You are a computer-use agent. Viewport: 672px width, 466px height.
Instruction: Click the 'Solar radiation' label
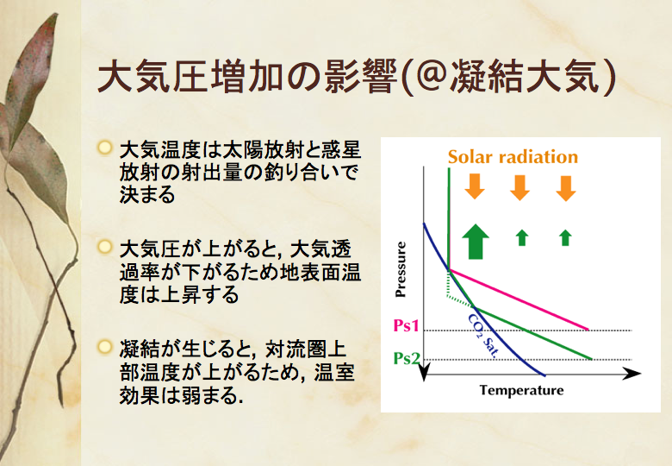[513, 157]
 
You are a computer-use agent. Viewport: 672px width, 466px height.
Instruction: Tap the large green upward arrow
[476, 241]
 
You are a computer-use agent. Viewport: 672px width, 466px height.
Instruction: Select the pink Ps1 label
[406, 325]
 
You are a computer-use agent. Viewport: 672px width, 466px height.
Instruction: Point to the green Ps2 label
[407, 358]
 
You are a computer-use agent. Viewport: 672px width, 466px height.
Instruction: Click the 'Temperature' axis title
[521, 390]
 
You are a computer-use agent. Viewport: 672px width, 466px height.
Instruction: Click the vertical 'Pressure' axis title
[401, 269]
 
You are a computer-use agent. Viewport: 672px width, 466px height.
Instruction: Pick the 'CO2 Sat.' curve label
[483, 336]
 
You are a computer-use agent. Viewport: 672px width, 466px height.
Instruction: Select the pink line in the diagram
[519, 299]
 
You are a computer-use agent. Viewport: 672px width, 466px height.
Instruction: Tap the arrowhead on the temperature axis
[632, 374]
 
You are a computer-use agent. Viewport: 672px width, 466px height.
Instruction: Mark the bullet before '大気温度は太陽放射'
[104, 148]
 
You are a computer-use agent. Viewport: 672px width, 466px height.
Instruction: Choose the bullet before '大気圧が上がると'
[104, 247]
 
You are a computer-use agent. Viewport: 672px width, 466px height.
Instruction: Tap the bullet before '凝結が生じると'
[104, 346]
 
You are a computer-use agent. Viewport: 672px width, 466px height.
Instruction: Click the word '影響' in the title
[360, 78]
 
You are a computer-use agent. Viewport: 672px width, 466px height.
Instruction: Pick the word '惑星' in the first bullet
[340, 150]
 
